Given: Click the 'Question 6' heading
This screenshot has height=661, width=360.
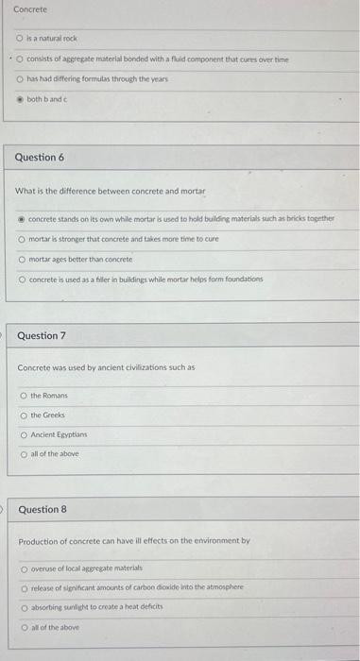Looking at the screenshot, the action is (40, 157).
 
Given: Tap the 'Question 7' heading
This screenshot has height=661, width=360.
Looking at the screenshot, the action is (42, 335).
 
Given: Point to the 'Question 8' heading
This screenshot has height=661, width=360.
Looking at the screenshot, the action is (43, 509).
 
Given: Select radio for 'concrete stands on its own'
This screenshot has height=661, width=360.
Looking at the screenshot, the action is (22, 218).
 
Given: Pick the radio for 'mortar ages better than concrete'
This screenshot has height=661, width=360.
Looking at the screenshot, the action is (22, 259).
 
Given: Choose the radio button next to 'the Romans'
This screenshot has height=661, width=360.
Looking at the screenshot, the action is (24, 396).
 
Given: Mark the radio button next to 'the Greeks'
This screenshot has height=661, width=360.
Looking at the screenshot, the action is (24, 415).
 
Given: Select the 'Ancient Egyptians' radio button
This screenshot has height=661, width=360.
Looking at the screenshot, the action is (24, 434).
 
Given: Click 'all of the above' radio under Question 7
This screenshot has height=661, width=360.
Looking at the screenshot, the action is (24, 454).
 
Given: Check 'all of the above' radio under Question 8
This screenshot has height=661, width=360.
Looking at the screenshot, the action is (24, 626).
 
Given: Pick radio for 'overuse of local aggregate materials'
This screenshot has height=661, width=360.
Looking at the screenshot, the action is (24, 568).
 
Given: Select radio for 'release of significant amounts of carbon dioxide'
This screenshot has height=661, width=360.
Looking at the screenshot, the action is (24, 586).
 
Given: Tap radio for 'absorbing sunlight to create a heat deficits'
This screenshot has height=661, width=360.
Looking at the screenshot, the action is (24, 607).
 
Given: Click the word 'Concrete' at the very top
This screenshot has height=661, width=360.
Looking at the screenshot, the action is (30, 9).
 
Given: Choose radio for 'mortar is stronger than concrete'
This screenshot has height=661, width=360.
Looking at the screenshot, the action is (22, 239).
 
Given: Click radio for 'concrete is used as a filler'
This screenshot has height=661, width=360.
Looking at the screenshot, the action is (22, 279).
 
